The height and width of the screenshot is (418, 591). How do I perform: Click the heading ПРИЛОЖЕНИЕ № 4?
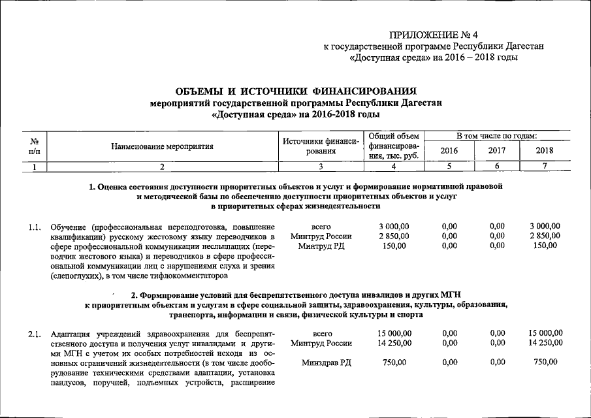point(434,35)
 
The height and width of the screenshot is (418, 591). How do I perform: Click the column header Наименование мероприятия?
point(163,146)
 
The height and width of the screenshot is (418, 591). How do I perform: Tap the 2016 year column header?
point(449,151)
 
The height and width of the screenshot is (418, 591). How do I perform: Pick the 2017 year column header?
point(498,151)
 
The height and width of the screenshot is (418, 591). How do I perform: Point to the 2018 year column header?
point(544,151)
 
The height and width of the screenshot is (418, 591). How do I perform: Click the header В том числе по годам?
point(496,136)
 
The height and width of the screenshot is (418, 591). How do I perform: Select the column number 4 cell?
point(393,167)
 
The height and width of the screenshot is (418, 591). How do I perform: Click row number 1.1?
point(35,227)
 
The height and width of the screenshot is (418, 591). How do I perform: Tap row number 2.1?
point(35,334)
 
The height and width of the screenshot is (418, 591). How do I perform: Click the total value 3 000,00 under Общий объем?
point(394,226)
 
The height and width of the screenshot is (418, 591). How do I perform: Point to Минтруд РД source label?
point(321,246)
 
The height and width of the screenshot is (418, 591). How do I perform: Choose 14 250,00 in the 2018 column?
point(545,343)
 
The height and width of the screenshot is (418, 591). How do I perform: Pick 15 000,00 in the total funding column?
point(394,333)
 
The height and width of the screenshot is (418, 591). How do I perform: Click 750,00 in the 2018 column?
point(545,362)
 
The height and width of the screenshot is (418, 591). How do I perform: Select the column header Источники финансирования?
point(321,146)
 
